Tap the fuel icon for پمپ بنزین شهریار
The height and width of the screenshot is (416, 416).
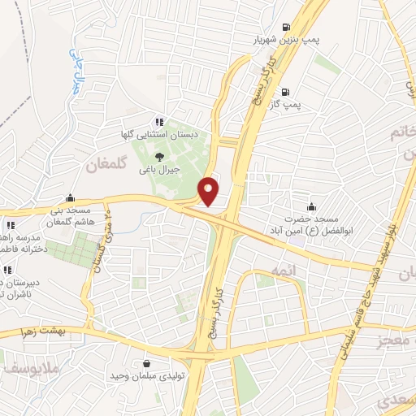[x=285, y=26]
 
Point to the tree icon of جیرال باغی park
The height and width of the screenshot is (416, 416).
[x=159, y=158]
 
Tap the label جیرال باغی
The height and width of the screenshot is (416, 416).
[x=159, y=171]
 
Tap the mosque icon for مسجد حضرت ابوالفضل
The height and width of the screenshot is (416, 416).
[x=312, y=206]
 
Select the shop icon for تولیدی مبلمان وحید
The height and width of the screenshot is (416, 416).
[x=146, y=364]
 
